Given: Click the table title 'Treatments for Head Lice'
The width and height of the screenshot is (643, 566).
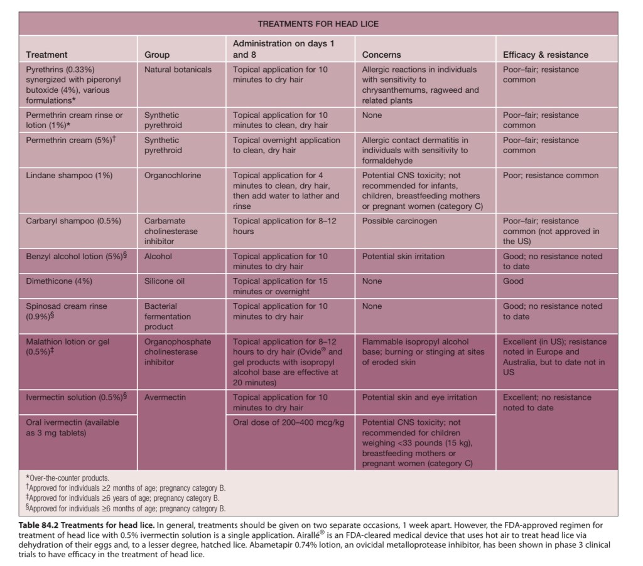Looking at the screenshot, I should (x=318, y=24).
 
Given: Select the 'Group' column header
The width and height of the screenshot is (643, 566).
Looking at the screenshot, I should (x=157, y=55).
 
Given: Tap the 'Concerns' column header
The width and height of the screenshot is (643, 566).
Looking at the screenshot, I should (x=381, y=55).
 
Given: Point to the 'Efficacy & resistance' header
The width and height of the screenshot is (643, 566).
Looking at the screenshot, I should (x=546, y=55).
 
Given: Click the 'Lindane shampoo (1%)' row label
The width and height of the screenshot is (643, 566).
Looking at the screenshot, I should (x=69, y=176).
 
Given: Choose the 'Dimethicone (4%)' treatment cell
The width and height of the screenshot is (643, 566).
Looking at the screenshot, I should (x=59, y=281).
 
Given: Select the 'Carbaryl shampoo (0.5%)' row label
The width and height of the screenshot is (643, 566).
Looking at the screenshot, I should (x=73, y=221).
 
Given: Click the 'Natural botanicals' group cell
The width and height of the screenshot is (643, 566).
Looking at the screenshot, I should (x=178, y=70).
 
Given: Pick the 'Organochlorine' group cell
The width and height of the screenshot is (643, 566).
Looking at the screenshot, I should (x=173, y=176).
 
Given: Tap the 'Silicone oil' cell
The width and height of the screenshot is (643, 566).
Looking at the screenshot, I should (x=165, y=281).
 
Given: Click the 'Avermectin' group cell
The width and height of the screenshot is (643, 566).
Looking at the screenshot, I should (x=165, y=397).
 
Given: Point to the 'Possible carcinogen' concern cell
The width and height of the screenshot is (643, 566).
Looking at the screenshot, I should (x=399, y=221).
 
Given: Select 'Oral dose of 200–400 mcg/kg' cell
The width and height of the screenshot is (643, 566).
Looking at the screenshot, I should (x=288, y=422).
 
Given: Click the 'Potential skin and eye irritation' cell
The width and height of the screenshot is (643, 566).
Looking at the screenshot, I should (x=419, y=397).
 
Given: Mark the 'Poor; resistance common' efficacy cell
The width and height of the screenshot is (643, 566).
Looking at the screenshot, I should (x=551, y=176).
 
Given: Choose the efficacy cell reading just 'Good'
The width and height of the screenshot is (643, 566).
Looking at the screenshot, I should (x=513, y=281).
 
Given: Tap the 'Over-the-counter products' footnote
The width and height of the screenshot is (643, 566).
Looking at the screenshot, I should (x=68, y=478).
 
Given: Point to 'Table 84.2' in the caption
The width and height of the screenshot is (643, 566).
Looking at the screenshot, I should (x=43, y=523).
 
